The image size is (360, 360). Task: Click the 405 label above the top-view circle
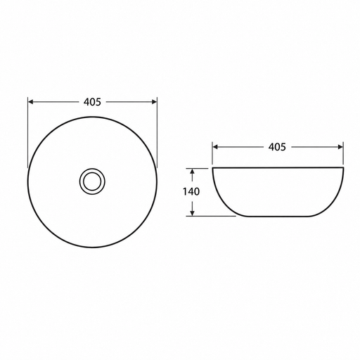pyautogui.click(x=92, y=102)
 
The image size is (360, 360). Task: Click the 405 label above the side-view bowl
pyautogui.click(x=277, y=147)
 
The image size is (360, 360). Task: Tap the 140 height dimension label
pyautogui.click(x=191, y=192)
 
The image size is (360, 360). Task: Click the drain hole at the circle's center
pyautogui.click(x=92, y=181)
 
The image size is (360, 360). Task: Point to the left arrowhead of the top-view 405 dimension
pyautogui.click(x=31, y=102)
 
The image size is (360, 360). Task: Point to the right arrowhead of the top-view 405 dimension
pyautogui.click(x=154, y=102)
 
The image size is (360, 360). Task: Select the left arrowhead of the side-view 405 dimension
pyautogui.click(x=215, y=147)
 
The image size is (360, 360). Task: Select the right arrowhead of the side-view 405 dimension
pyautogui.click(x=340, y=147)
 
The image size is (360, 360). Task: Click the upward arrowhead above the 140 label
pyautogui.click(x=192, y=172)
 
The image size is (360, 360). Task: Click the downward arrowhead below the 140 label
pyautogui.click(x=192, y=213)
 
